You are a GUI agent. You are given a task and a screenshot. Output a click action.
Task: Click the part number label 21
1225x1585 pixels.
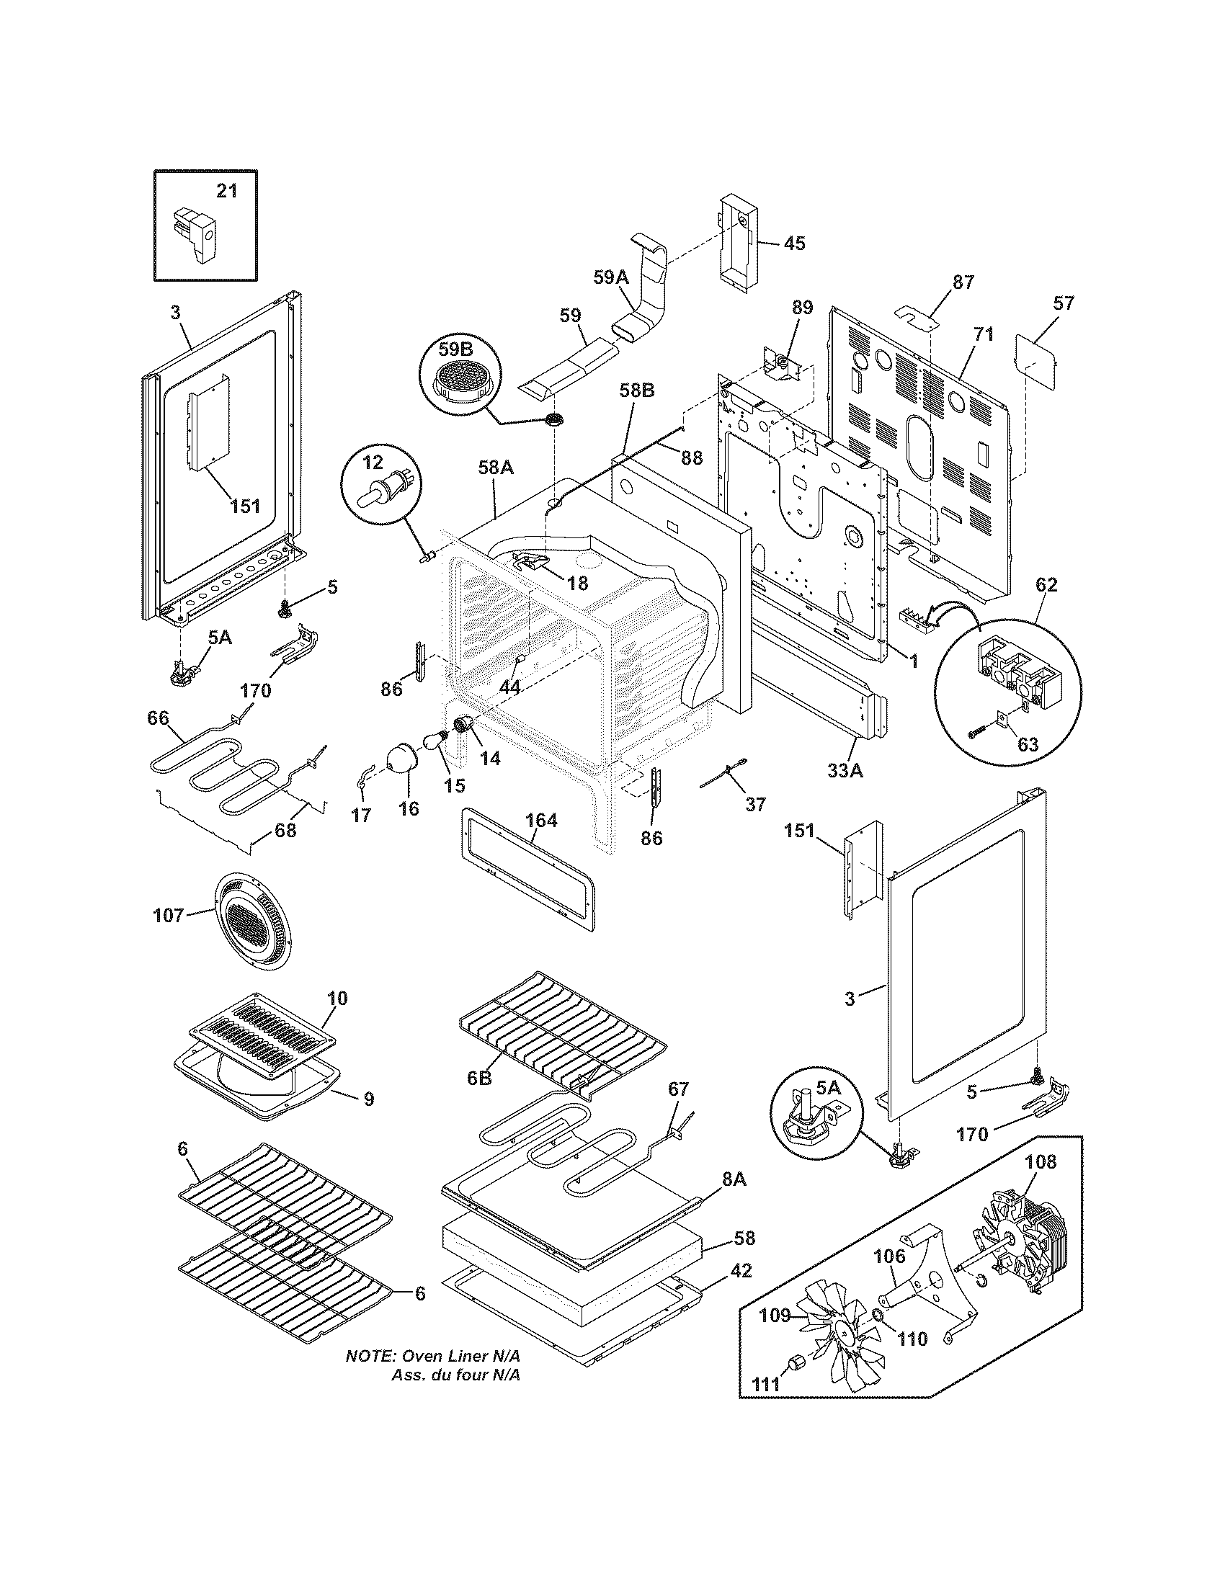226,191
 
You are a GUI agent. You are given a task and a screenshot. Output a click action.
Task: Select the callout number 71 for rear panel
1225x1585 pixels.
984,334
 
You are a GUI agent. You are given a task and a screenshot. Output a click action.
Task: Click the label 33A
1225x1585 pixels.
845,771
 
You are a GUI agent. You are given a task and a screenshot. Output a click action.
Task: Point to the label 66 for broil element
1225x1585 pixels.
158,718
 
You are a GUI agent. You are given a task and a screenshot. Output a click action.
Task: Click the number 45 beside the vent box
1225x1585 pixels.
794,243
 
